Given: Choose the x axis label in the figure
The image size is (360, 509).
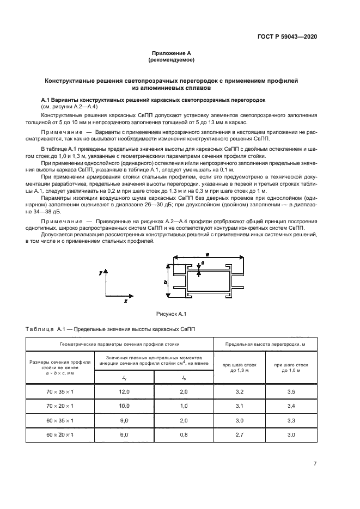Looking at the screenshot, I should pos(126,300).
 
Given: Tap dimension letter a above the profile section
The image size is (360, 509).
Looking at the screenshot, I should pos(208,254).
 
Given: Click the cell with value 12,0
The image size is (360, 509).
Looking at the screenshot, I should pos(125,391).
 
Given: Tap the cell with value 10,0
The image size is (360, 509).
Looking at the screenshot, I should pos(125,406).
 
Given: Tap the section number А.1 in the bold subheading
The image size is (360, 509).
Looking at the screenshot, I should pos(47,101).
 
